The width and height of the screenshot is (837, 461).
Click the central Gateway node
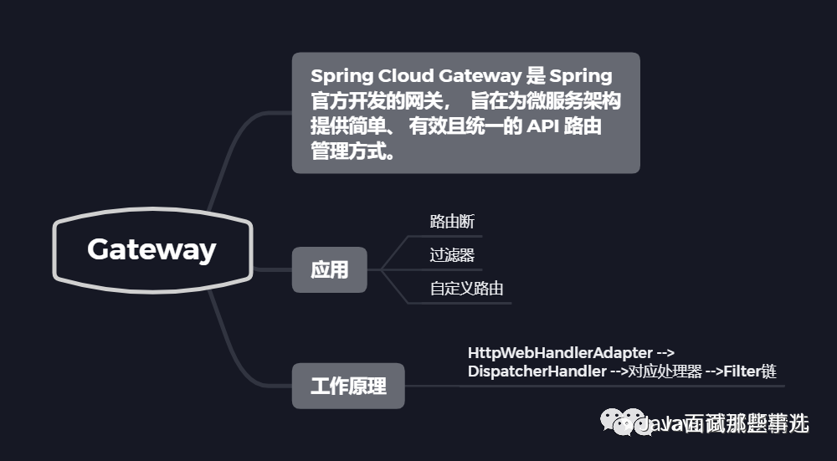click(x=151, y=249)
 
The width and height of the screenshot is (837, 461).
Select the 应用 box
click(x=329, y=270)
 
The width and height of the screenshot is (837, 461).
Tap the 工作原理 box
click(x=348, y=387)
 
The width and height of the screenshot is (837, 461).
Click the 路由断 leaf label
click(x=452, y=222)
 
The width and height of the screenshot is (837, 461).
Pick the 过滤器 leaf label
click(x=452, y=255)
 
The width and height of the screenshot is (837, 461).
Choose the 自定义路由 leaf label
click(x=466, y=289)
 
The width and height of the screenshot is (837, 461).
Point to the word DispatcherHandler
click(x=537, y=371)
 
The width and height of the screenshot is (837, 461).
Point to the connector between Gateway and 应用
click(x=271, y=270)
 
